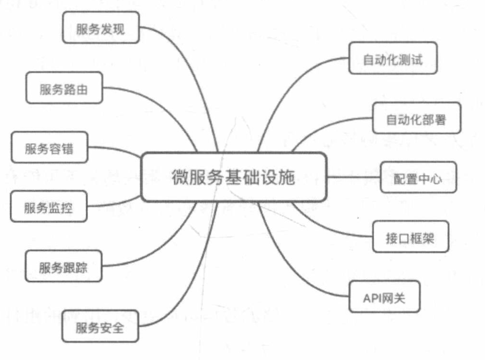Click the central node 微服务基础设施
point(233,178)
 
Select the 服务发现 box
point(100,28)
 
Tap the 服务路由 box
point(63,89)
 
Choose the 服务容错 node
point(49,149)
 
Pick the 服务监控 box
point(49,207)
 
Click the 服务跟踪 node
point(63,268)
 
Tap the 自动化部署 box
point(415,120)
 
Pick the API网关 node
point(384,299)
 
